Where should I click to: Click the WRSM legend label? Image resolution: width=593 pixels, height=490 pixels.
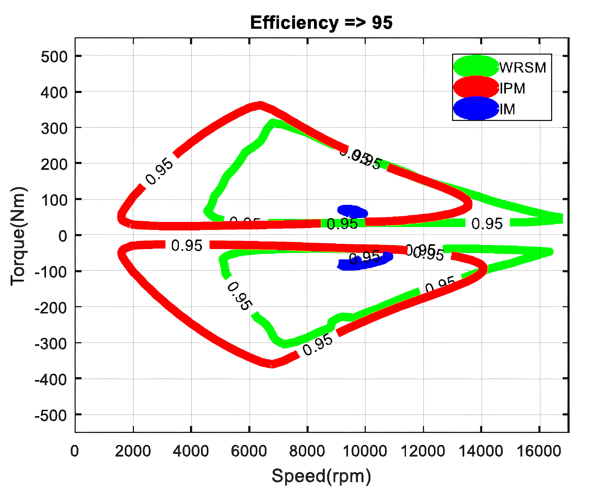(x=523, y=68)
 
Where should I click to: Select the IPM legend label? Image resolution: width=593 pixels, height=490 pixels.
(x=512, y=88)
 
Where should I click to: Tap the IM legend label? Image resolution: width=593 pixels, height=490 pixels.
(x=507, y=109)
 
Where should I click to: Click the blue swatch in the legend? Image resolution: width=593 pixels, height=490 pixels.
(x=476, y=109)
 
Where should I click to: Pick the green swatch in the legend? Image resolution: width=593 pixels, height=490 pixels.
(x=476, y=66)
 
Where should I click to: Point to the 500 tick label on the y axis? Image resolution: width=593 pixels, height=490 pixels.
(x=54, y=57)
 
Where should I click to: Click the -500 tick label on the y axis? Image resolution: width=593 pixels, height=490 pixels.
(x=51, y=416)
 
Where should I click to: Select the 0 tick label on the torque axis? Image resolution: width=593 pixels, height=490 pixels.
(x=63, y=236)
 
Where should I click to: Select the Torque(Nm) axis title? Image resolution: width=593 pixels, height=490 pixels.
(x=18, y=236)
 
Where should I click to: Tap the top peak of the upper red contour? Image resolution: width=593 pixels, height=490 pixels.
(x=260, y=105)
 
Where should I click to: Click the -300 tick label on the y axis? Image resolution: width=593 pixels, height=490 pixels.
(x=51, y=344)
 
